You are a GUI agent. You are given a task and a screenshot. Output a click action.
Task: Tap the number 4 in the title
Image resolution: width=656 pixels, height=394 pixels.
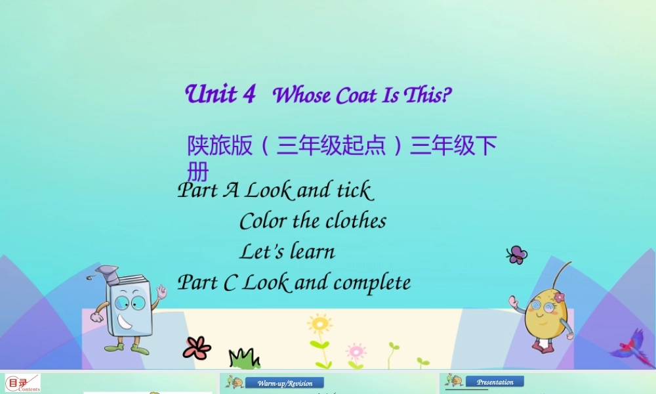coord(249,94)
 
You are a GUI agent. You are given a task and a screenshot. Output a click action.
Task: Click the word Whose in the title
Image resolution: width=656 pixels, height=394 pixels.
coord(302,96)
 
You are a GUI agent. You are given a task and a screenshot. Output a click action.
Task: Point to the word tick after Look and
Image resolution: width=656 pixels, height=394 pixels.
coord(354,190)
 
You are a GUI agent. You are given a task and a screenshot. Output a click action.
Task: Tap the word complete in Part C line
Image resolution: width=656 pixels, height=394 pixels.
coord(372,283)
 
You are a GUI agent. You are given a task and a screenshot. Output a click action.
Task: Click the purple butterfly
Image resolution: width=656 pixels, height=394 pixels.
coord(517,254)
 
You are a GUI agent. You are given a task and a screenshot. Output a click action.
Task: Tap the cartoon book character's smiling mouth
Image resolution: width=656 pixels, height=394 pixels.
coord(126,322)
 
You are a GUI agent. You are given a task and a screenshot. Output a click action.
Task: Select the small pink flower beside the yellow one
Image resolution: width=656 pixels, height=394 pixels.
coord(356,351)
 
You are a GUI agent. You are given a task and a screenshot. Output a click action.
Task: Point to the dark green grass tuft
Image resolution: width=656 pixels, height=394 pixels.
coord(243,359)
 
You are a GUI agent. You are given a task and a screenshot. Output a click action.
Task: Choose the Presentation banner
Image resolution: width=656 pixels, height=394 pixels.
coord(495,382)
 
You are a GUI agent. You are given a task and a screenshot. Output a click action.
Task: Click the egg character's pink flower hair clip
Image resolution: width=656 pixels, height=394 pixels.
coord(559,297)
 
